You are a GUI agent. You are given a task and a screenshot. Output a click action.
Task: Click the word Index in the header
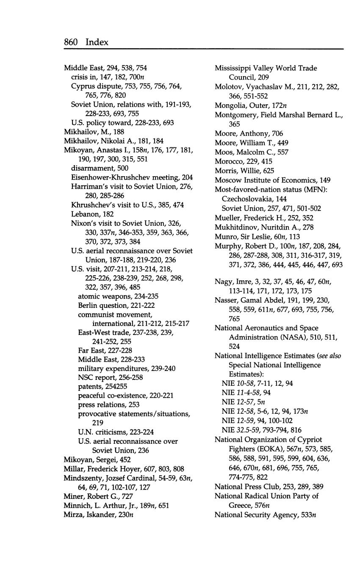tap(97, 42)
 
